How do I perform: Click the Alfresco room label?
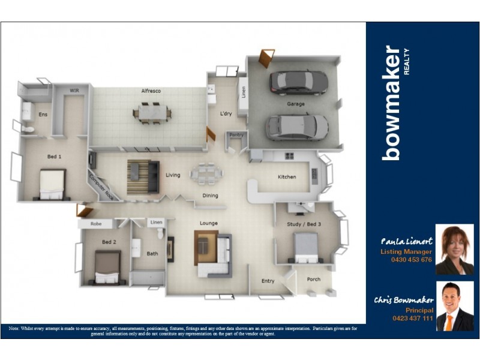[x=151, y=91]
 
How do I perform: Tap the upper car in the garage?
[x=298, y=82]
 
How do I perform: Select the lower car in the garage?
[x=297, y=127]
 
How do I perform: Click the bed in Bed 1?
[x=52, y=184]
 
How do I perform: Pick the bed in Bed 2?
[x=107, y=266]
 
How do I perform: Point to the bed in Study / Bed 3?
[x=305, y=247]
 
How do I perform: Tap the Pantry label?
[x=236, y=135]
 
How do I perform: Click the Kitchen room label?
[x=287, y=177]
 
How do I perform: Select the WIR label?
[x=74, y=91]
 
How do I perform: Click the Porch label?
[x=313, y=279]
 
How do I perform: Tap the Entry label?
[x=268, y=281]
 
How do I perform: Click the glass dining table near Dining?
[x=206, y=174]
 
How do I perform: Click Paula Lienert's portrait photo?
[x=454, y=250]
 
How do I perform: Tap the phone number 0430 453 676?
[x=412, y=260]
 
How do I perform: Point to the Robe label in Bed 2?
[x=96, y=223]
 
